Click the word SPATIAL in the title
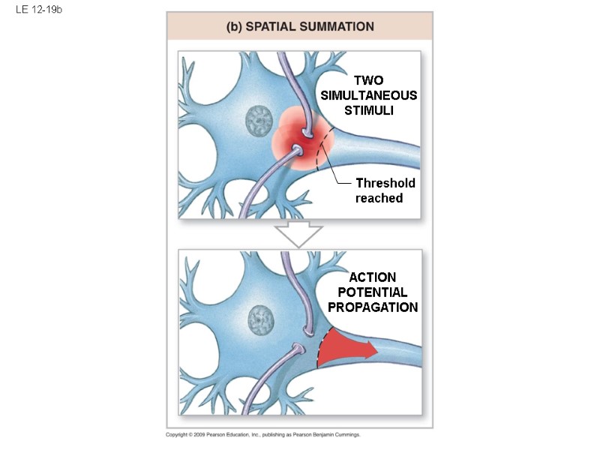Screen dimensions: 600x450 click(271, 26)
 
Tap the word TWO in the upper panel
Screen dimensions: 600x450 click(368, 80)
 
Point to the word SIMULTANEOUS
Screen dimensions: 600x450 click(368, 95)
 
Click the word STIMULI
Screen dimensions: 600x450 click(368, 111)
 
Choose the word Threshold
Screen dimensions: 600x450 click(385, 183)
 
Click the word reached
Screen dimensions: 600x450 click(379, 198)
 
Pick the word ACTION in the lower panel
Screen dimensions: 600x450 click(372, 277)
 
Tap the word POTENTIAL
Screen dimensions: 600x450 click(372, 292)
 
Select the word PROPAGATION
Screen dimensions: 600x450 click(372, 307)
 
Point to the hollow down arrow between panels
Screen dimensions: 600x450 click(298, 235)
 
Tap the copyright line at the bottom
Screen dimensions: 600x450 click(262, 435)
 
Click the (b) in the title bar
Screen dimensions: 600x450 click(233, 26)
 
